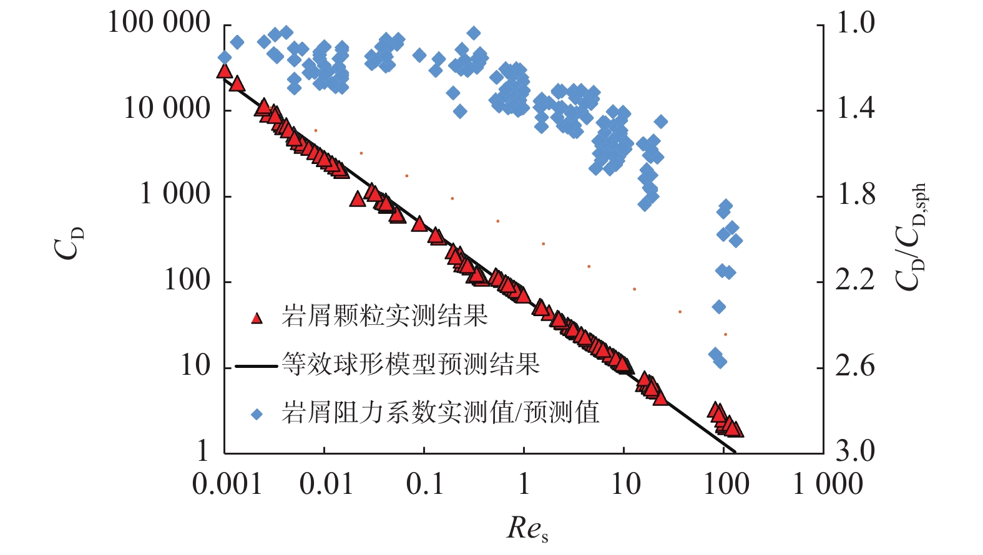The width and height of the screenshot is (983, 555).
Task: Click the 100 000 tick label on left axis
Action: [159, 23]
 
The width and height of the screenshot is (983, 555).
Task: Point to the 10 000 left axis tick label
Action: [167, 109]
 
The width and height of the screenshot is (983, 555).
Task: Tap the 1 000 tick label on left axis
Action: [175, 195]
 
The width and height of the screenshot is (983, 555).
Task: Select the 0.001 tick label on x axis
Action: [227, 484]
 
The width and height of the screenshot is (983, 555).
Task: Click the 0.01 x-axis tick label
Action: [326, 484]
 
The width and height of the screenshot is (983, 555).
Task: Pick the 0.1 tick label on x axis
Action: [424, 484]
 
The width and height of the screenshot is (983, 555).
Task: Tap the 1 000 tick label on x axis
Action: [828, 484]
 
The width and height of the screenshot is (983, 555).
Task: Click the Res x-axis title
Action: [527, 529]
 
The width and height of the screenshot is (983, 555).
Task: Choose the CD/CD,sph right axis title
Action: [911, 237]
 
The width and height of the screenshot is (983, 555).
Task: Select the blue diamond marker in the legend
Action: [257, 413]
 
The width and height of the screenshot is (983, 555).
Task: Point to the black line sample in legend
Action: [256, 366]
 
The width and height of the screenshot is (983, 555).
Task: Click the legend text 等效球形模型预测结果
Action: [410, 364]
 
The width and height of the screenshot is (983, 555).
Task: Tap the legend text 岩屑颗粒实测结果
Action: [384, 317]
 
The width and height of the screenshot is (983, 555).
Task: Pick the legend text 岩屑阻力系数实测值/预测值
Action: [440, 413]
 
